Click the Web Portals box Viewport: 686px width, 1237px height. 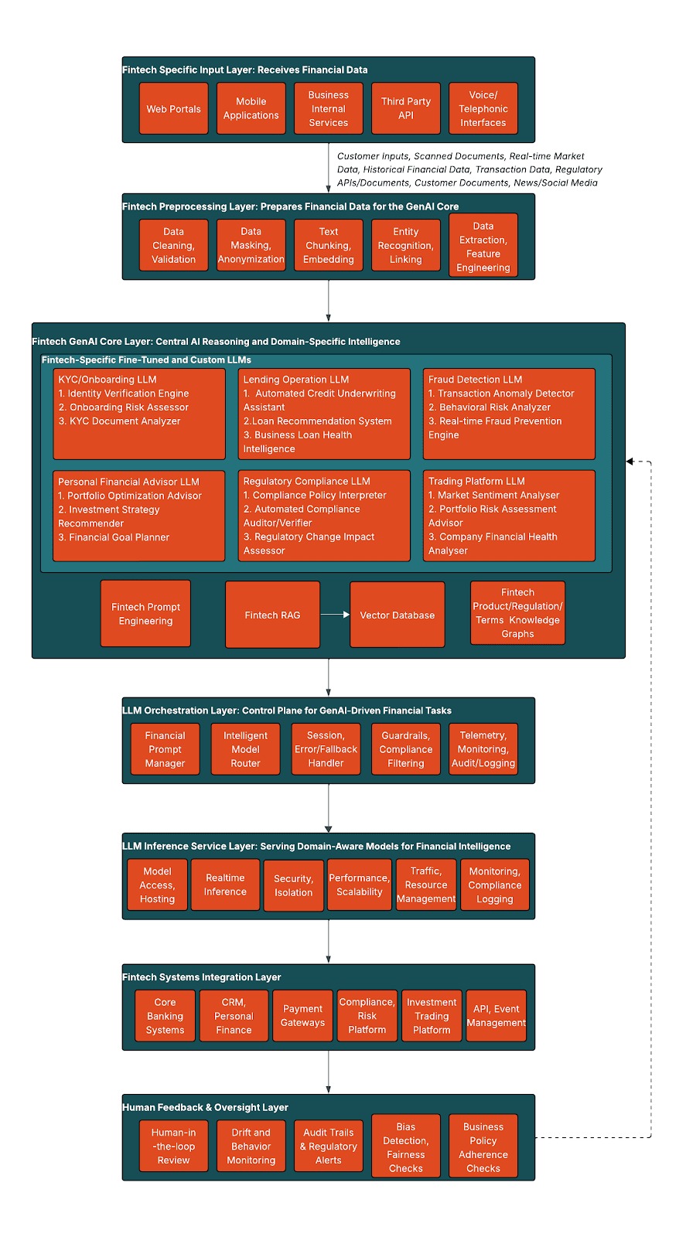click(x=173, y=109)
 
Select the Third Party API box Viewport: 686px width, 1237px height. click(x=406, y=108)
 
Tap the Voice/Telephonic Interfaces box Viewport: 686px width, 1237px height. click(x=483, y=109)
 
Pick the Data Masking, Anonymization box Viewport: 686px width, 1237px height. click(x=251, y=245)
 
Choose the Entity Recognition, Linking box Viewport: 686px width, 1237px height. click(x=406, y=245)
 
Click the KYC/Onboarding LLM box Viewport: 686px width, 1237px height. click(x=139, y=414)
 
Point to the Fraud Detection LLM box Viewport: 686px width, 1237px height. click(x=509, y=414)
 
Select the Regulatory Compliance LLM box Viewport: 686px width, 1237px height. click(x=324, y=516)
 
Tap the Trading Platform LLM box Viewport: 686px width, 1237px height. click(x=509, y=516)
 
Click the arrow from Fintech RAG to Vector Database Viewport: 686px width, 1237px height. click(x=335, y=615)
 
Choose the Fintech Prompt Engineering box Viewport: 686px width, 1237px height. click(x=145, y=614)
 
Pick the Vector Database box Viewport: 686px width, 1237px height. click(x=398, y=615)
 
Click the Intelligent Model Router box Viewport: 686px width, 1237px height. click(x=245, y=749)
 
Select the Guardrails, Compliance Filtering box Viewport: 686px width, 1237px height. click(x=406, y=749)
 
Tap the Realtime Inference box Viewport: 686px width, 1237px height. click(x=225, y=885)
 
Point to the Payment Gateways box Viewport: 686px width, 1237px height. click(x=302, y=1016)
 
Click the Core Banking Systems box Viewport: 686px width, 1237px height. click(x=165, y=1016)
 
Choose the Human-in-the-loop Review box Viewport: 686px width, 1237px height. click(x=173, y=1147)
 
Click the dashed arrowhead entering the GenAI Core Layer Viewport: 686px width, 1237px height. click(x=630, y=462)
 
